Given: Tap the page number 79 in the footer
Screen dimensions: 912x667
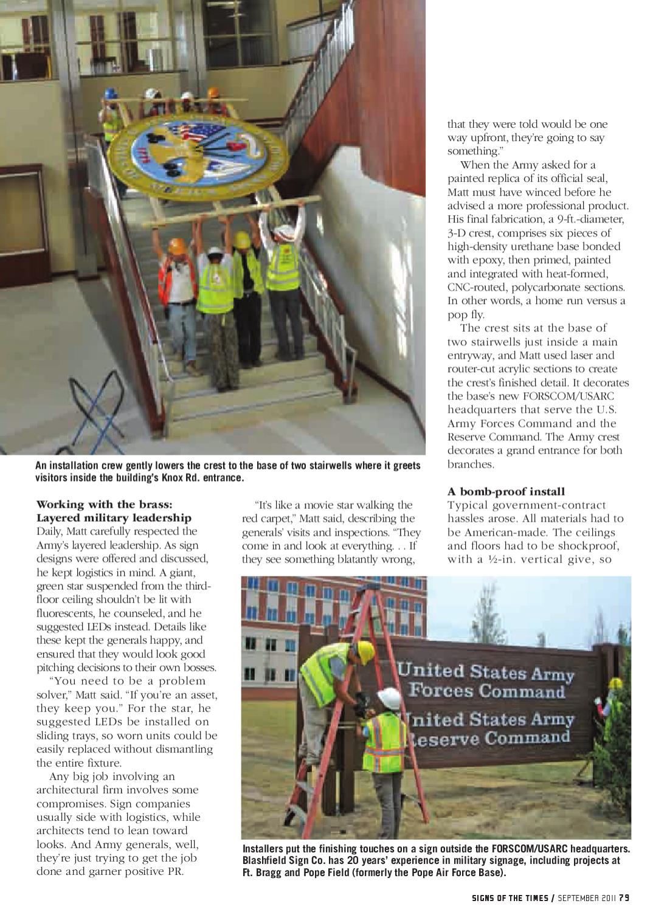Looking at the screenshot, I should click(624, 897).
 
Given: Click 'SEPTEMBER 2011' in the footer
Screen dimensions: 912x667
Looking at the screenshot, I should click(587, 897).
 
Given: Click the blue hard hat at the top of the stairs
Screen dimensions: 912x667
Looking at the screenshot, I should click(111, 94).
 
